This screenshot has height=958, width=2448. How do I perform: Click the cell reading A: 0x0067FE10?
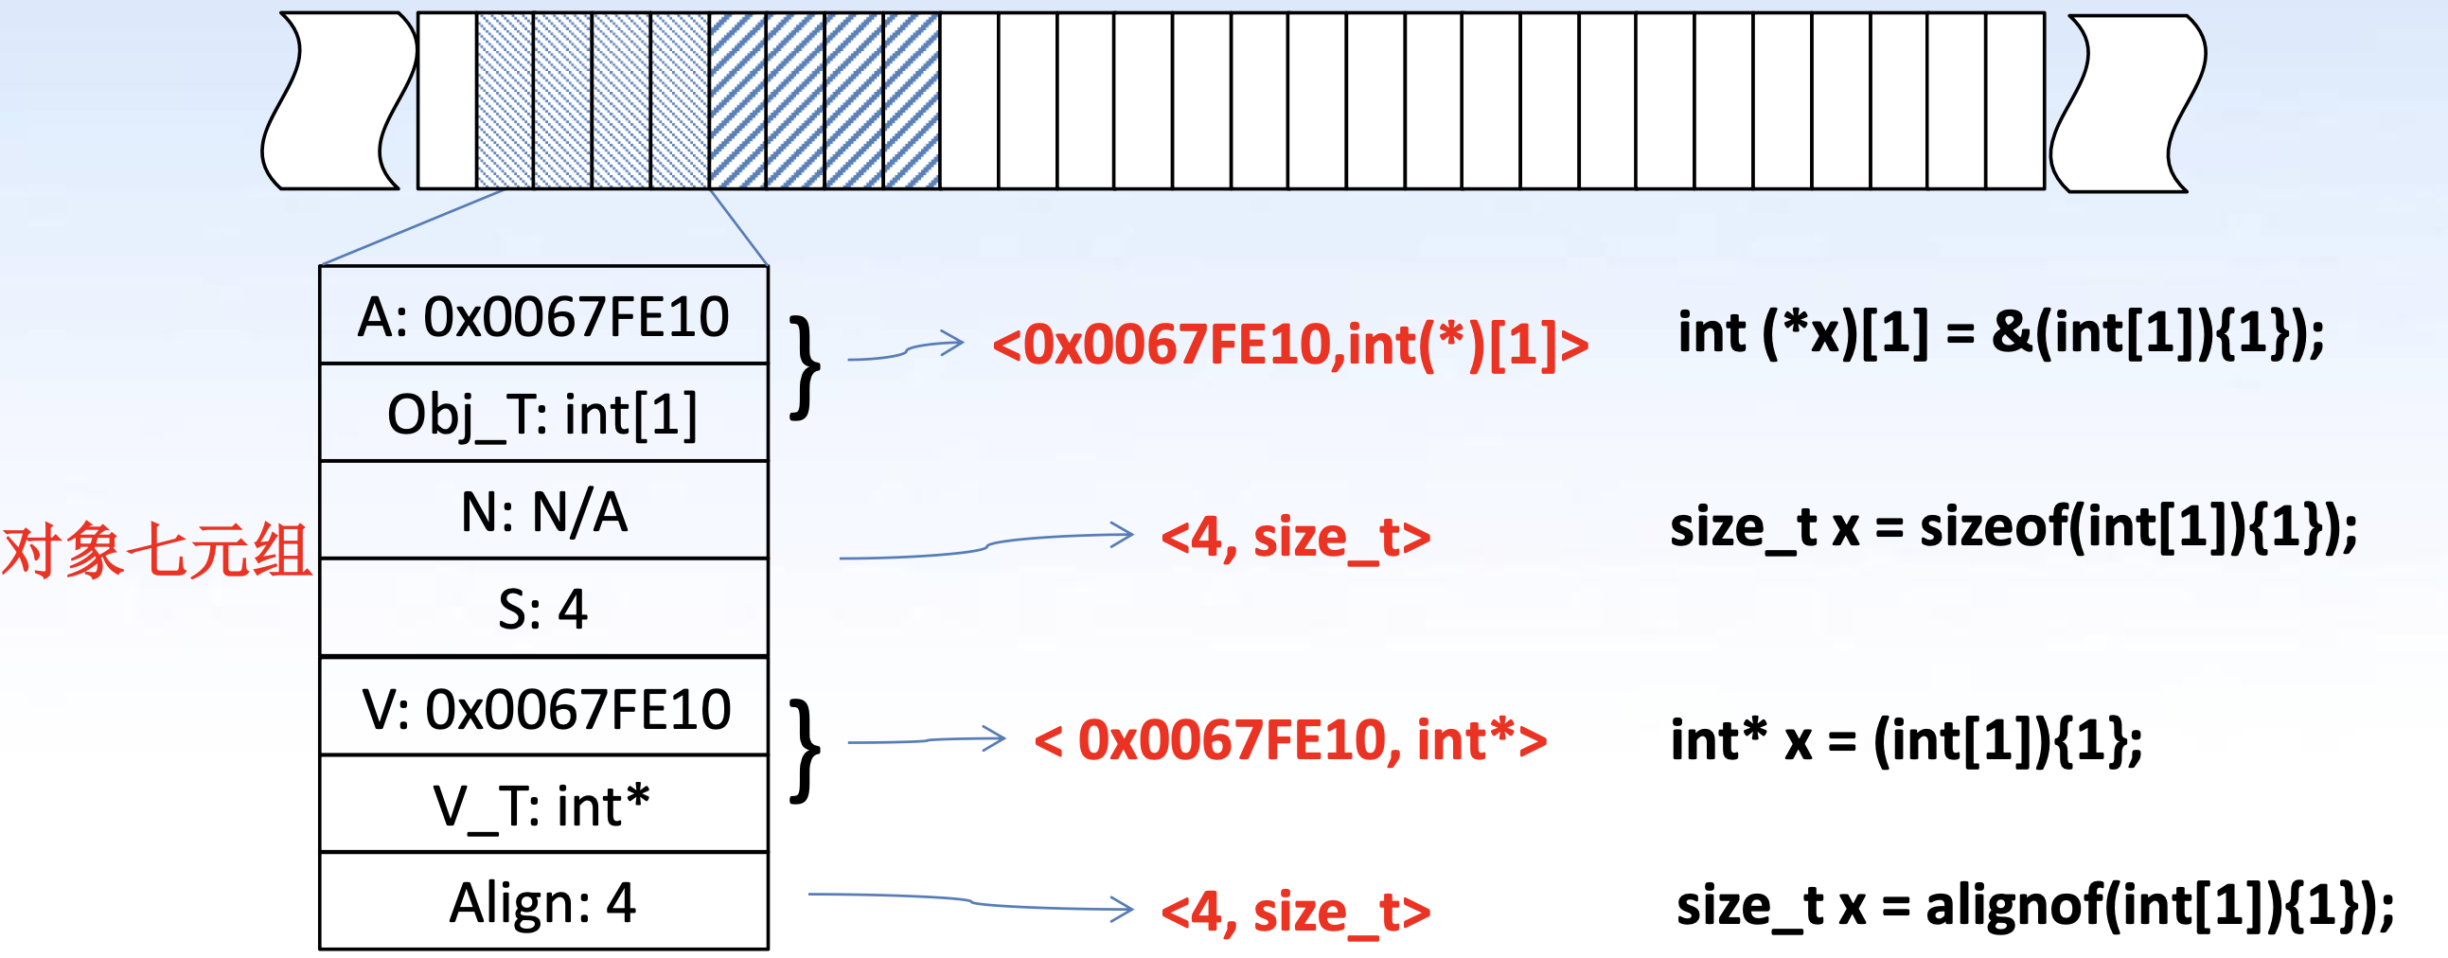tap(543, 315)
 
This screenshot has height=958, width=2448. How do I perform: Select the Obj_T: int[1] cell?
tap(543, 414)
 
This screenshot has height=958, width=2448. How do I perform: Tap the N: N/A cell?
tap(543, 511)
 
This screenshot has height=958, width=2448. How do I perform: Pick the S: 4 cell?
tap(543, 609)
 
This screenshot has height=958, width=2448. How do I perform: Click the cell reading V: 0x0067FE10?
tap(543, 708)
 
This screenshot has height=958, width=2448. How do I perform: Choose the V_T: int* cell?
tap(543, 806)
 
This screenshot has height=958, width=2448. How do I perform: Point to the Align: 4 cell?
tap(543, 902)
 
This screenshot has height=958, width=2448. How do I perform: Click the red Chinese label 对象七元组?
tap(157, 551)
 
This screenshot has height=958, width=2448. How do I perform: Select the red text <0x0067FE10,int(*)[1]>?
tap(1289, 344)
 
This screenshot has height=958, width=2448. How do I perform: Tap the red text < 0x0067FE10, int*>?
tap(1289, 740)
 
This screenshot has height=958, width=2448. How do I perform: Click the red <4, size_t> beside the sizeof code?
tap(1295, 538)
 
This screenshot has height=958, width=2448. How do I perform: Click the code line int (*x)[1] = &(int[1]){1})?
tap(2000, 332)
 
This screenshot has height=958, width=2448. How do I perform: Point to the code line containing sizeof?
tap(2013, 527)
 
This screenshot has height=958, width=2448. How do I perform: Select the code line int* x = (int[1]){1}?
tap(1907, 740)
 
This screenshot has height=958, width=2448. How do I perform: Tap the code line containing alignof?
tap(2034, 906)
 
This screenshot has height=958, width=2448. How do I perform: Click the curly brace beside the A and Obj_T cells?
tap(805, 367)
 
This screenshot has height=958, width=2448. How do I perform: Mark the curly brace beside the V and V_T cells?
tap(805, 751)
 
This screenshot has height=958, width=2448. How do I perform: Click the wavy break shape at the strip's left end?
tap(338, 100)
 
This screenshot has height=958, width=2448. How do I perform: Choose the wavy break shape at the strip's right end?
tap(2129, 102)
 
